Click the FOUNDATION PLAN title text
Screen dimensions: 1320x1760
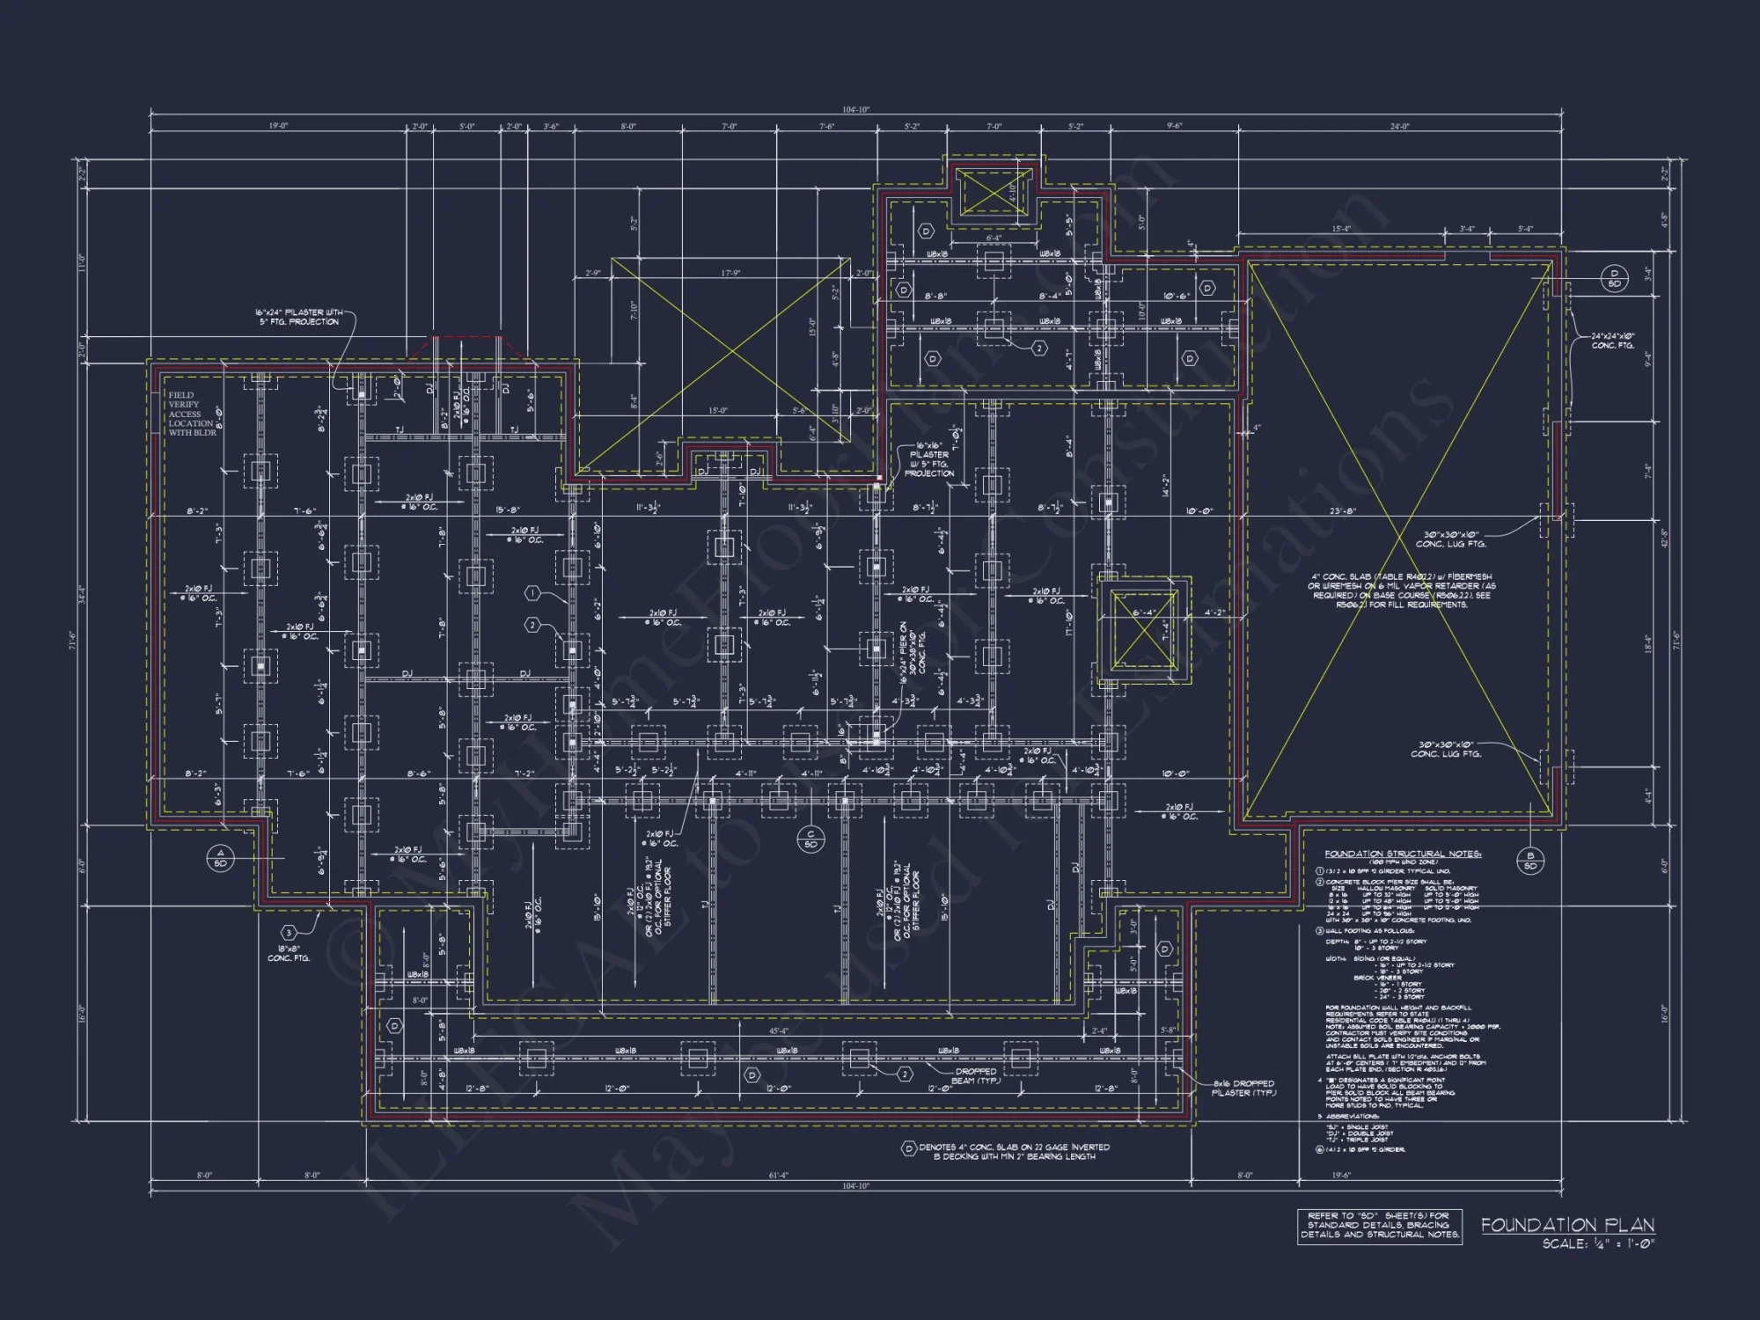pyautogui.click(x=1567, y=1224)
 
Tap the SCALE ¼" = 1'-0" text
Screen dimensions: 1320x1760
pyautogui.click(x=1598, y=1243)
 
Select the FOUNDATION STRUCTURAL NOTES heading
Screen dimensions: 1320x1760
pyautogui.click(x=1403, y=854)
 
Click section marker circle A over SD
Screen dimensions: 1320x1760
pyautogui.click(x=220, y=858)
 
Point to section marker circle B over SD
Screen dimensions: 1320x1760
pyautogui.click(x=1530, y=861)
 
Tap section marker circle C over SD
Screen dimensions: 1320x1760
pyautogui.click(x=810, y=839)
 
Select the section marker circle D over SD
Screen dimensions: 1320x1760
pyautogui.click(x=1615, y=278)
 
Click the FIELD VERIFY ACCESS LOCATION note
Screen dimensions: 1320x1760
pyautogui.click(x=192, y=414)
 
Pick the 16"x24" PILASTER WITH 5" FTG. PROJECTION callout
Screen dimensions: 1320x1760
pyautogui.click(x=299, y=317)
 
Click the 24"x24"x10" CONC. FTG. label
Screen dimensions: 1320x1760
pyautogui.click(x=1612, y=341)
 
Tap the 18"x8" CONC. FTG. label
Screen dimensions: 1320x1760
pyautogui.click(x=289, y=954)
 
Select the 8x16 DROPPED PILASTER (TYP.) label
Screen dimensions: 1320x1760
pyautogui.click(x=1243, y=1088)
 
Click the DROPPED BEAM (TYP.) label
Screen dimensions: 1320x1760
pyautogui.click(x=975, y=1075)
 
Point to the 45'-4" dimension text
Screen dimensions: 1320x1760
pyautogui.click(x=779, y=1030)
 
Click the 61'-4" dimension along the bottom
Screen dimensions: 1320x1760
pyautogui.click(x=778, y=1175)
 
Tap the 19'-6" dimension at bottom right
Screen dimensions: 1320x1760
pyautogui.click(x=1340, y=1175)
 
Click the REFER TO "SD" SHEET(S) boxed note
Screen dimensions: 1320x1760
pyautogui.click(x=1379, y=1225)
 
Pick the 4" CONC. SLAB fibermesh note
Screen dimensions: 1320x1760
pyautogui.click(x=1401, y=590)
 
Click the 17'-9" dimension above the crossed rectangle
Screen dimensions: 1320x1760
pyautogui.click(x=730, y=273)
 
